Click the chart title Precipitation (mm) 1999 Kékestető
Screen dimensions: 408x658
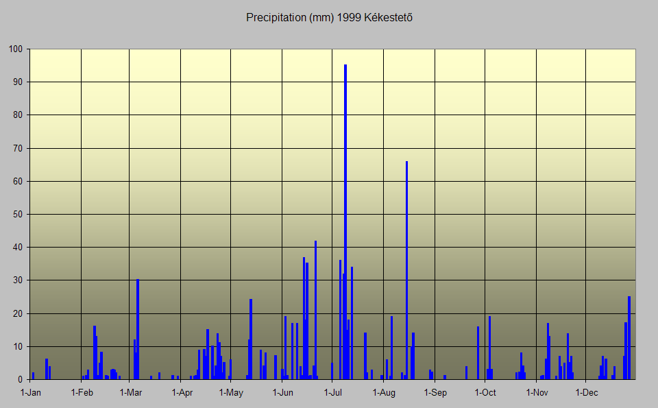point(329,17)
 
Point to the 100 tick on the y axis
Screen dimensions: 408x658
point(16,49)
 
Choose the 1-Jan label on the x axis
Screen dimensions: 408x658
point(31,393)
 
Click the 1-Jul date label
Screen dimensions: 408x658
point(333,393)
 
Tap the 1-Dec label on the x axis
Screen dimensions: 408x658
point(587,393)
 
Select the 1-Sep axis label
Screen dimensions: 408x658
point(435,393)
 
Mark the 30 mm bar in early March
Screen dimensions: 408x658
point(138,329)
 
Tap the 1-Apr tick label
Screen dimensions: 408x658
point(182,393)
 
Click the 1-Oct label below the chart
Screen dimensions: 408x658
point(485,393)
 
